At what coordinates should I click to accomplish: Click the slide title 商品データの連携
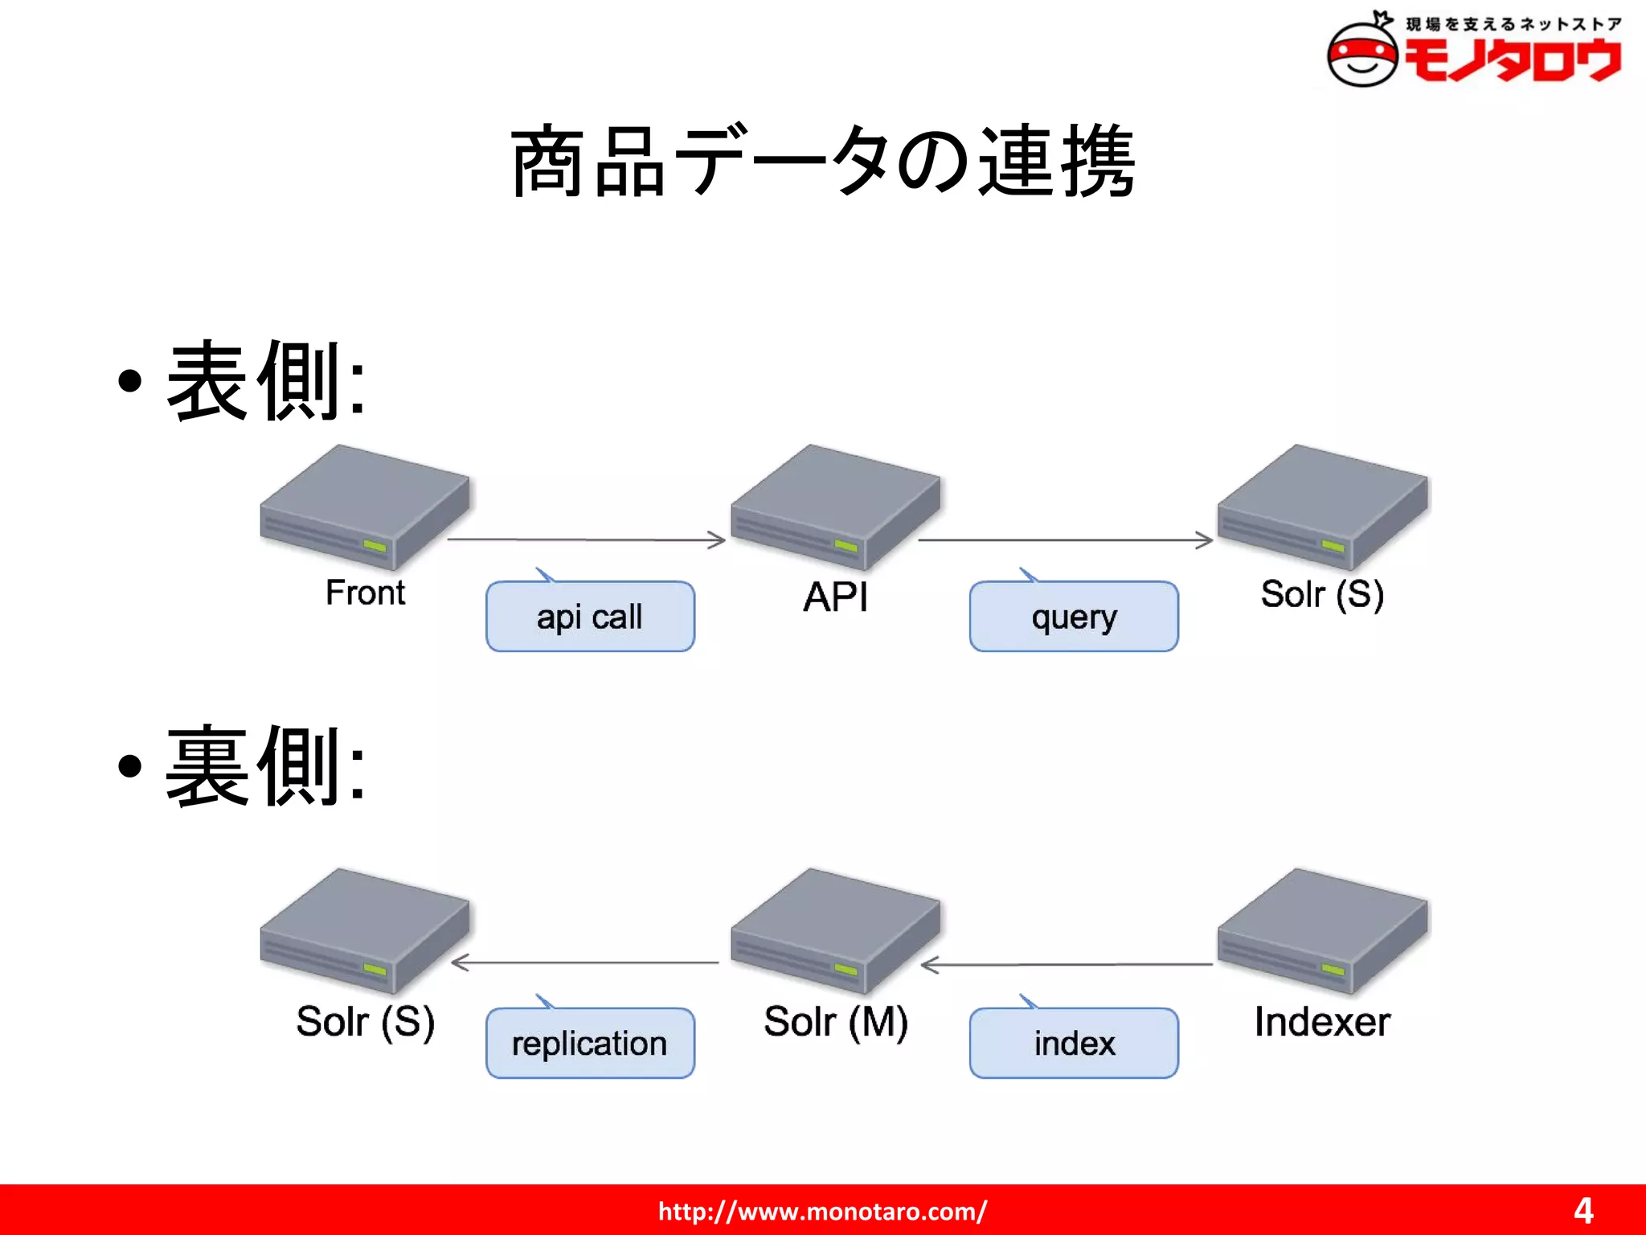coord(823,161)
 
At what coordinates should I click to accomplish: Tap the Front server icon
coord(364,507)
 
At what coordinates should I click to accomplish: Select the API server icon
coord(835,507)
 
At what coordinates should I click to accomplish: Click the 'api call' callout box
coord(590,617)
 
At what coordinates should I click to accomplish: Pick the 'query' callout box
coord(1074,617)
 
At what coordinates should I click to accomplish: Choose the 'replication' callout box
coord(590,1043)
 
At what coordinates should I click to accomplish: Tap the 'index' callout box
coord(1074,1043)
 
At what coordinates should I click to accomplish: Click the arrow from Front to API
coord(587,540)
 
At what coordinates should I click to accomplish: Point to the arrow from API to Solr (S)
coord(1066,540)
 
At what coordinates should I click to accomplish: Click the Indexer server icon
coord(1322,930)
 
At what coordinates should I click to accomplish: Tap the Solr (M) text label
coord(836,1022)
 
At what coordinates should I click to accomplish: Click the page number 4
coord(1583,1211)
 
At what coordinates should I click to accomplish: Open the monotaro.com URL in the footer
coord(822,1211)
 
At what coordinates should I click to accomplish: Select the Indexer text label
coord(1322,1022)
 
